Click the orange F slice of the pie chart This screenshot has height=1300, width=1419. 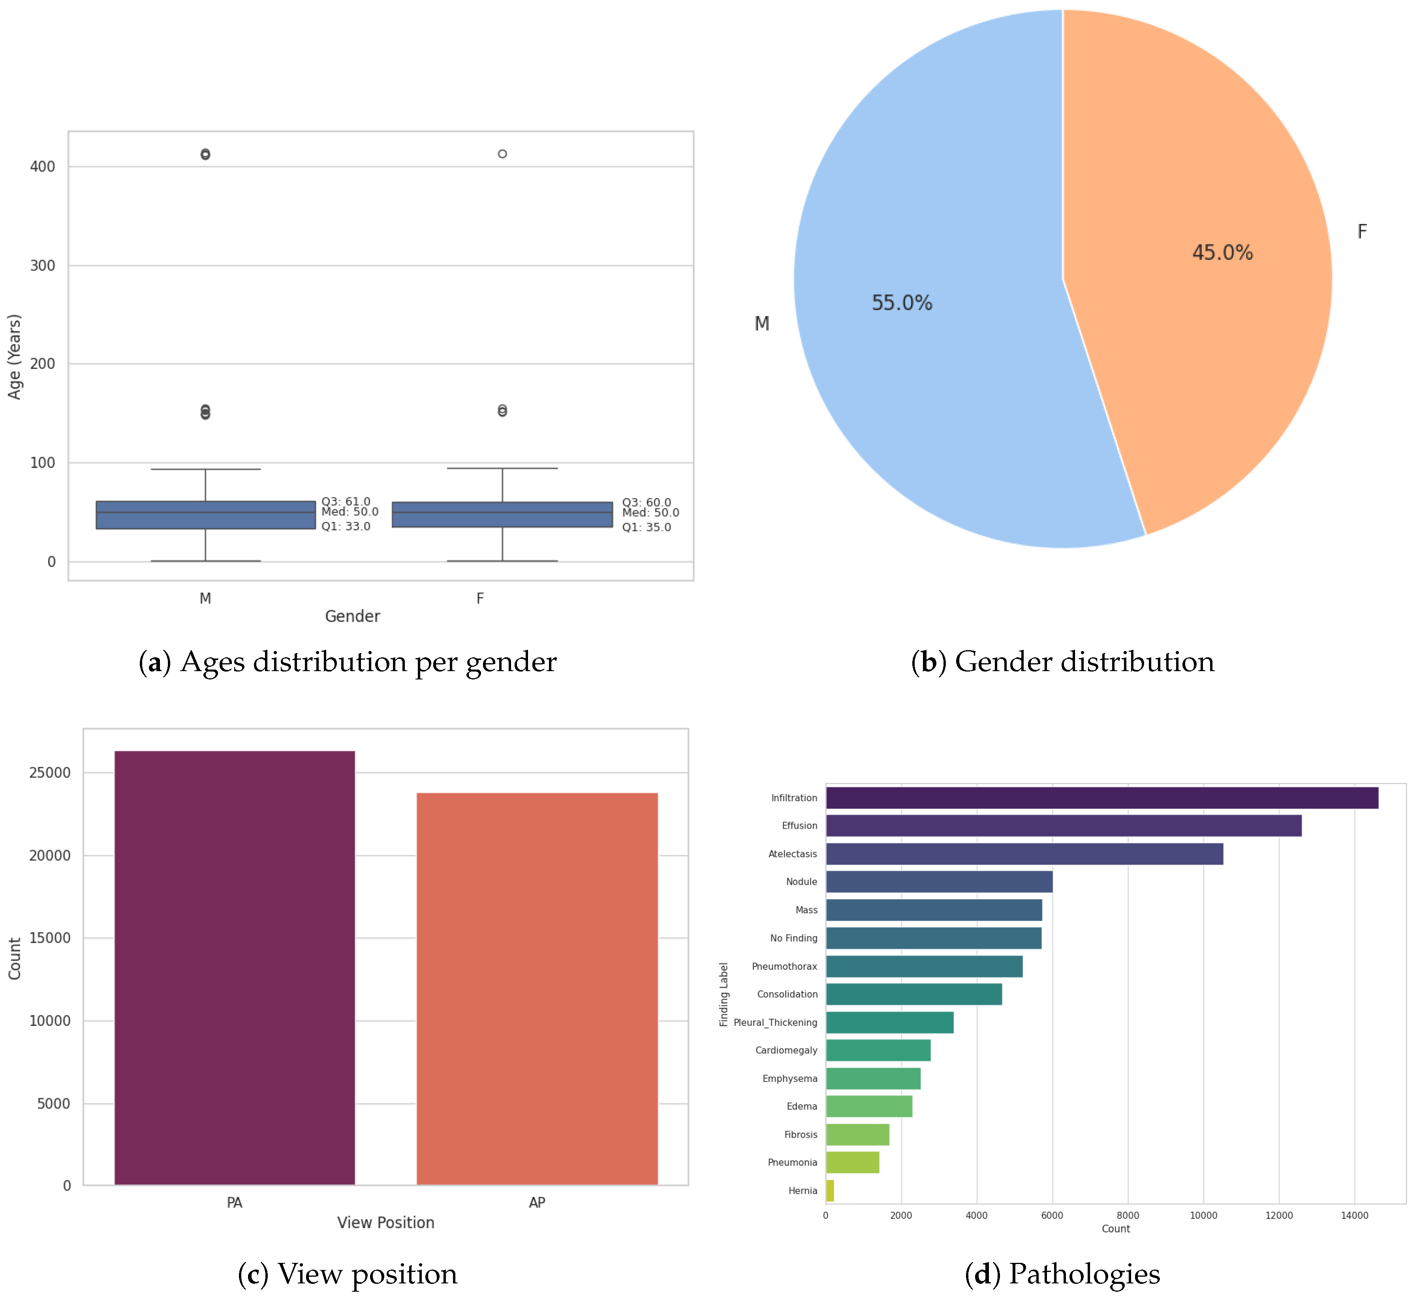1197,211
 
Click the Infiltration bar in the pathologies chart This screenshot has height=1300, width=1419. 1101,798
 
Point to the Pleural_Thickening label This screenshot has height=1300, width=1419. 775,1022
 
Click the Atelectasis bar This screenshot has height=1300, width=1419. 1024,854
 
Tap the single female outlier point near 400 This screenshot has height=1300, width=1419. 503,153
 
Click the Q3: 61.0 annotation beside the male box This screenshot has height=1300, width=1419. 346,501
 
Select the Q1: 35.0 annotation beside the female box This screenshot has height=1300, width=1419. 646,527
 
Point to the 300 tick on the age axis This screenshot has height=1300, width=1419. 42,265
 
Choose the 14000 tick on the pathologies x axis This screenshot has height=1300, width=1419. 1354,1215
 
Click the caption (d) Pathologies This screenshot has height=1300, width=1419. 1062,1274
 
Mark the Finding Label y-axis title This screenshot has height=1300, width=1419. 724,994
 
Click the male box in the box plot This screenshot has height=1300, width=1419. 205,515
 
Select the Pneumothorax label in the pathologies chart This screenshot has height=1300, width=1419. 784,966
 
